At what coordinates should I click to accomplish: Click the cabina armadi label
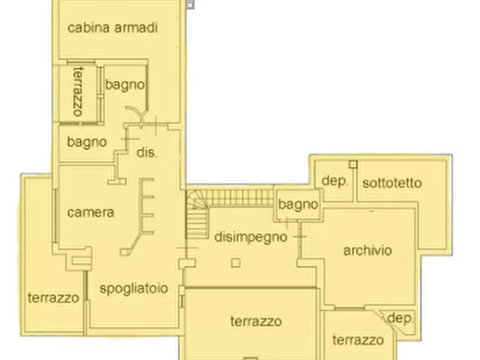[x=112, y=28]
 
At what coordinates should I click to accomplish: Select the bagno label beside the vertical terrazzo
[x=125, y=84]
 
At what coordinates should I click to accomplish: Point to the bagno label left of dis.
[x=87, y=142]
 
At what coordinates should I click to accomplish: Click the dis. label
[x=147, y=153]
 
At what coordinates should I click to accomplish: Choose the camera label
[x=91, y=212]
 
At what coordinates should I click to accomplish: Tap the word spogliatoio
[x=134, y=289]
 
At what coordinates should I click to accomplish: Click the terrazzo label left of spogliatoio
[x=54, y=298]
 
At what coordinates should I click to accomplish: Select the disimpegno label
[x=250, y=237]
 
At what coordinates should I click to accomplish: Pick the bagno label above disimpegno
[x=298, y=205]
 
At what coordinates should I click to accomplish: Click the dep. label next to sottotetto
[x=335, y=181]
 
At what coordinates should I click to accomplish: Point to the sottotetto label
[x=392, y=183]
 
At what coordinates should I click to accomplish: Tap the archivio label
[x=368, y=250]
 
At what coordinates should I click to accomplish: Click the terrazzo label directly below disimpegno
[x=256, y=322]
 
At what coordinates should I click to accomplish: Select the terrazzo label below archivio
[x=357, y=340]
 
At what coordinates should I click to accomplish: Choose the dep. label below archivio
[x=400, y=318]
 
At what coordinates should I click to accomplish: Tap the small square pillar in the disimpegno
[x=235, y=263]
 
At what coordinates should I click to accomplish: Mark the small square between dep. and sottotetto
[x=353, y=164]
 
